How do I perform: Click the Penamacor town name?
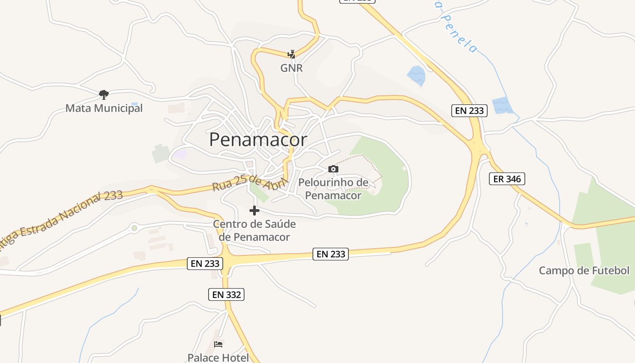tap(258, 140)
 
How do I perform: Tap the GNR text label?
tap(291, 68)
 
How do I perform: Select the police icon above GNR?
tap(292, 54)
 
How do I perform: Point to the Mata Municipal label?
tap(104, 108)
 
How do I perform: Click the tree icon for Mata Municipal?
tap(104, 95)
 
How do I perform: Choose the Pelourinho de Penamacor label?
tap(333, 189)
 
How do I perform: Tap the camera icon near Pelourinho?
tap(333, 169)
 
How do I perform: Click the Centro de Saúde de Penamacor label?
tap(254, 231)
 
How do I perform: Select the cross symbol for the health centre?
tap(254, 211)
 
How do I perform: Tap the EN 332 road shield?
tap(226, 294)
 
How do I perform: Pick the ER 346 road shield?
tap(507, 179)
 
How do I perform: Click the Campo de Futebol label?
tap(584, 271)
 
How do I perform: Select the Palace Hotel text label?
tap(218, 358)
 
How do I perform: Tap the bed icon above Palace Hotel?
tap(218, 344)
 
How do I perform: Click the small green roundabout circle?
tap(134, 228)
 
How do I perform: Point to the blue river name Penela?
tap(458, 32)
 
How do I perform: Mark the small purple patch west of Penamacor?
tap(181, 154)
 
